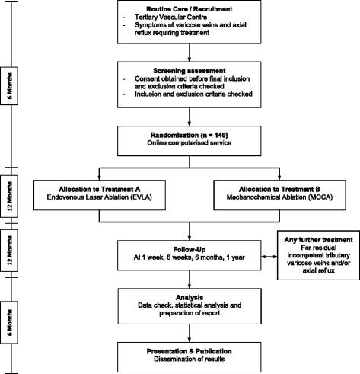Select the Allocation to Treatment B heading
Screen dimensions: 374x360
pyautogui.click(x=269, y=187)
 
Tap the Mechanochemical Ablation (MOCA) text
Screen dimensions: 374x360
pyautogui.click(x=269, y=197)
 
